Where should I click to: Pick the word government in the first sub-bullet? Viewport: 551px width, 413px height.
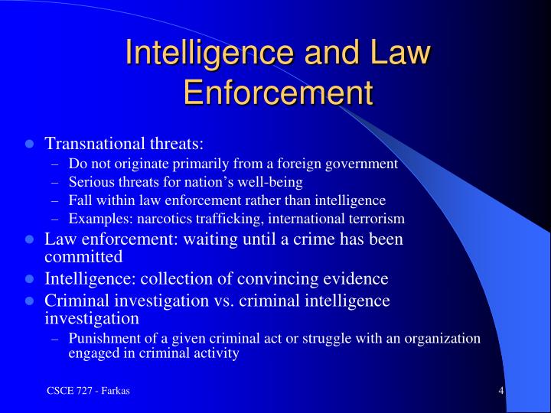(x=364, y=164)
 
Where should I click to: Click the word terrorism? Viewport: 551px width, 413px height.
(x=375, y=219)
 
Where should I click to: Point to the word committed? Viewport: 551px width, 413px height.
(x=84, y=256)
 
